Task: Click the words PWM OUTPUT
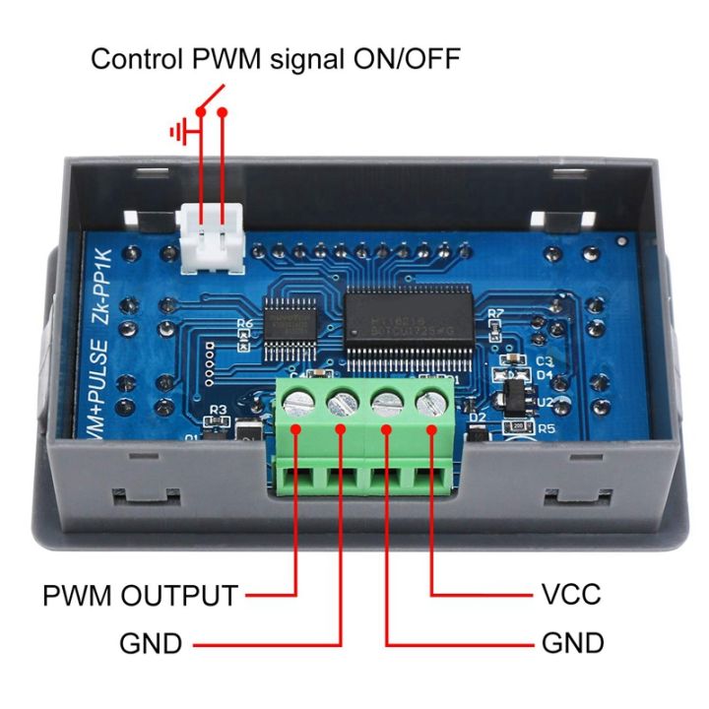coord(140,596)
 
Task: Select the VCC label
coord(570,596)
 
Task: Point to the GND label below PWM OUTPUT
coord(151,644)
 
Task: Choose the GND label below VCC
coord(572,644)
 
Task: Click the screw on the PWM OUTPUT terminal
coord(298,401)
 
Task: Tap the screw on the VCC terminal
coord(431,403)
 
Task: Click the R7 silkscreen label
coord(495,314)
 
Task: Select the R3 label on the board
coord(219,411)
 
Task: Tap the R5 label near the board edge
coord(546,429)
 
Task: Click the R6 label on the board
coord(245,322)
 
